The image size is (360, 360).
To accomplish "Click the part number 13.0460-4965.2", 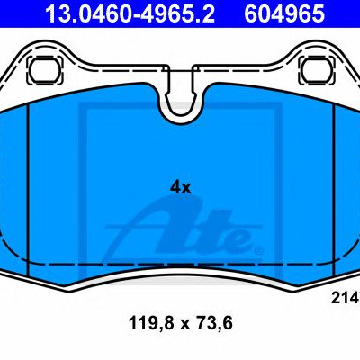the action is pyautogui.click(x=130, y=13).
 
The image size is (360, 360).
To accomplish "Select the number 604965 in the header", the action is pyautogui.click(x=284, y=13).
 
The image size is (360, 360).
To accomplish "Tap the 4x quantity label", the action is pyautogui.click(x=180, y=188).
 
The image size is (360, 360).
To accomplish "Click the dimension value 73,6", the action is pyautogui.click(x=216, y=323).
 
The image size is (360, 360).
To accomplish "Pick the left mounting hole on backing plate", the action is pyautogui.click(x=45, y=71).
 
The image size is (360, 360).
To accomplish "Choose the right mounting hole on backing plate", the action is pyautogui.click(x=317, y=71).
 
